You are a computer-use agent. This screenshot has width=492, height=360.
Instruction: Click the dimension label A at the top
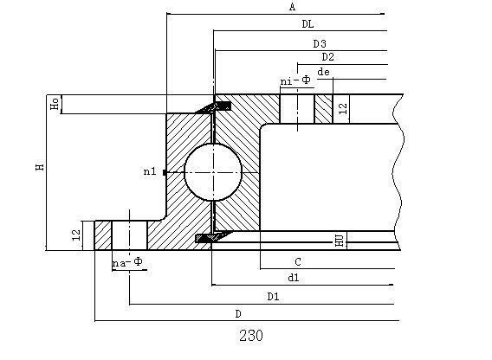[x=292, y=8]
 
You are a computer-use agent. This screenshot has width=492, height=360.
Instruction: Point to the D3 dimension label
[x=319, y=43]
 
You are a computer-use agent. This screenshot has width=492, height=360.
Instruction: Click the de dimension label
[x=323, y=72]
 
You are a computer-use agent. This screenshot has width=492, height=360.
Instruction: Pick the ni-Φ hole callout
[x=295, y=81]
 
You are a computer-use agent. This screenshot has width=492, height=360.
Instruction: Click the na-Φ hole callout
[x=126, y=262]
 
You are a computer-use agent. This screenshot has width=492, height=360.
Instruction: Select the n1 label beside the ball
[x=149, y=172]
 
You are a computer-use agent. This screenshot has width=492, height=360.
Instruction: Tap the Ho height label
[x=54, y=104]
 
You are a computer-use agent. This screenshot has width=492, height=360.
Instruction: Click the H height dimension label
[x=39, y=166]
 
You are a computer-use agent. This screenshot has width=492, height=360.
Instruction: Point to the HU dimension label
[x=340, y=240]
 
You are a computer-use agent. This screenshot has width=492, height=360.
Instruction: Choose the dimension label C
[x=297, y=261]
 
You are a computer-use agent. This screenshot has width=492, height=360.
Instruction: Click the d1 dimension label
[x=294, y=278]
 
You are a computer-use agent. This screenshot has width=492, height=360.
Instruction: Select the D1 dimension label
[x=273, y=296]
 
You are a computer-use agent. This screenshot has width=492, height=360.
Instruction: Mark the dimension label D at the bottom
[x=237, y=312]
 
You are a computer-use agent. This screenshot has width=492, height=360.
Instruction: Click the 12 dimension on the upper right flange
[x=343, y=108]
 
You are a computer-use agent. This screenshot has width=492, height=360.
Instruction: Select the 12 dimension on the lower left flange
[x=75, y=234]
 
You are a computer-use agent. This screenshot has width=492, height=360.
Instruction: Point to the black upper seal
[x=220, y=106]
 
